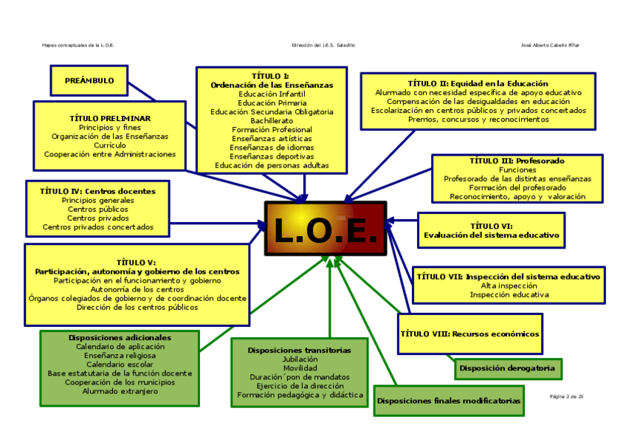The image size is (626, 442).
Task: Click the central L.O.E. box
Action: (x=326, y=229)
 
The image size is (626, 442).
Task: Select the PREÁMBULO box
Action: (x=89, y=80)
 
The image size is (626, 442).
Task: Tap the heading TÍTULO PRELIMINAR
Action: (x=110, y=118)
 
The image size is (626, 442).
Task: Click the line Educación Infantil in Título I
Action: (x=272, y=94)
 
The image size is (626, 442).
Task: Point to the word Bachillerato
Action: (x=272, y=120)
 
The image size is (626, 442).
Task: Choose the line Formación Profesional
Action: (x=272, y=129)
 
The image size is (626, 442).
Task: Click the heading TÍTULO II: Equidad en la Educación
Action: (x=478, y=83)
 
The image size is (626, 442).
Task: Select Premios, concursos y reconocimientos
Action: (x=478, y=120)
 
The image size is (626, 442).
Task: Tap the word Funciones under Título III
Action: (x=517, y=170)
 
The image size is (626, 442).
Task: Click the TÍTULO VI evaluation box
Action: (x=491, y=230)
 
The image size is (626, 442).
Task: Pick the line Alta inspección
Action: (x=509, y=286)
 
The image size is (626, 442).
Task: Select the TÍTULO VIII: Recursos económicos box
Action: (x=469, y=334)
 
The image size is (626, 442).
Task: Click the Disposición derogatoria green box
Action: (x=507, y=367)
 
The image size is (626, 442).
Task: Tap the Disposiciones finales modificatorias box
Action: (x=449, y=401)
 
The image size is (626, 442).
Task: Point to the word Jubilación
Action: (x=300, y=359)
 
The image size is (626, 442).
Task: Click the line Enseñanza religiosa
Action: (x=120, y=355)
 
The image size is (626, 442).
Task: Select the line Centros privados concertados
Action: (x=98, y=227)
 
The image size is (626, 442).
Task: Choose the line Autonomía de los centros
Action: (x=137, y=289)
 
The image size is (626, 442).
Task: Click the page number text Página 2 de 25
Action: (x=567, y=397)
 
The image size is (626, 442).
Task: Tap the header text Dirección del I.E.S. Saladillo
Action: (x=323, y=45)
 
